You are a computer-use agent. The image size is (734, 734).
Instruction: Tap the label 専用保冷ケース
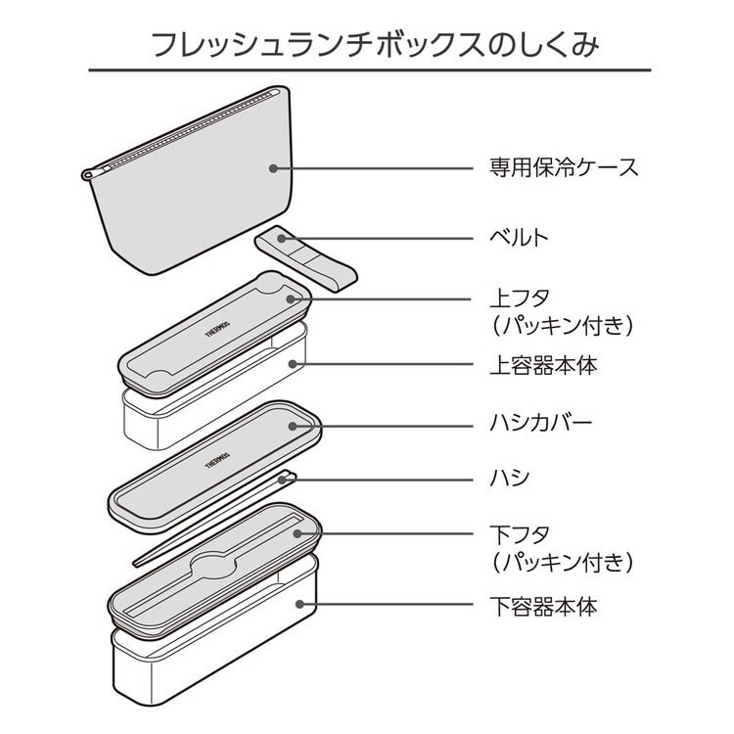point(563,167)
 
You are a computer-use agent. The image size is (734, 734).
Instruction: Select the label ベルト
point(519,237)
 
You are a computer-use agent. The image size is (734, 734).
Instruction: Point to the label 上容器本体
point(541,366)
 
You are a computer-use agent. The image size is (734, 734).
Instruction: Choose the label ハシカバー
point(541,424)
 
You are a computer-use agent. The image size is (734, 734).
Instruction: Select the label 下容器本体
point(541,606)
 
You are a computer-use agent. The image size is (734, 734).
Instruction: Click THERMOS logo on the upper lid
point(217,327)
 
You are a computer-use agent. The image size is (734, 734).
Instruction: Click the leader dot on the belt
point(282,237)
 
